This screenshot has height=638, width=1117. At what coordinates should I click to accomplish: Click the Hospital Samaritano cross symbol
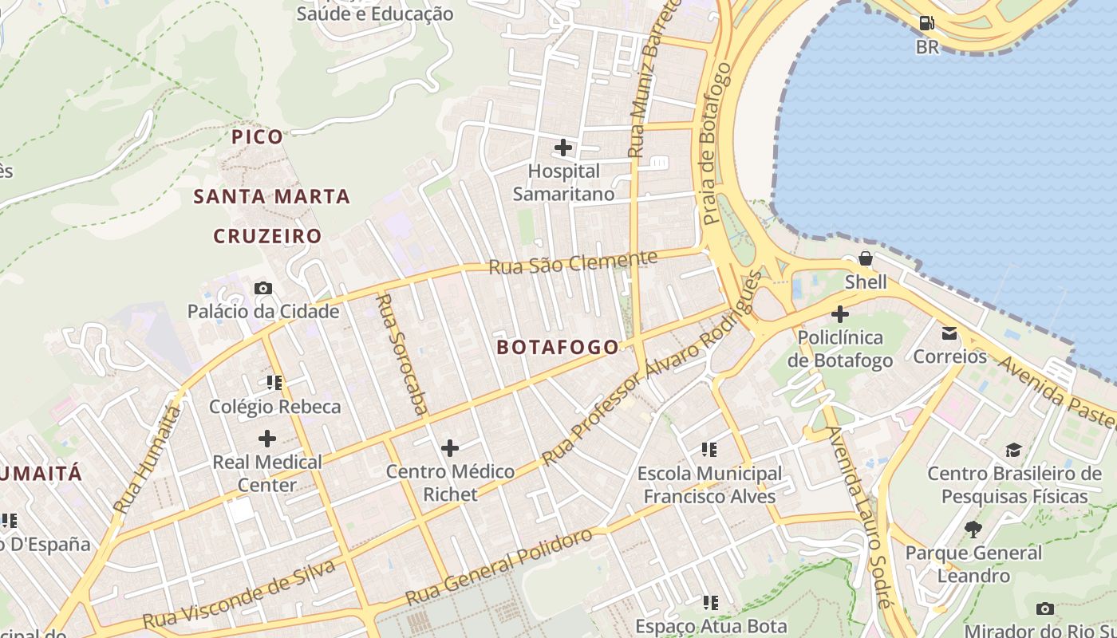563,148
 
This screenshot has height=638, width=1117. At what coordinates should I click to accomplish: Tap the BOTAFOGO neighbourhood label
557,347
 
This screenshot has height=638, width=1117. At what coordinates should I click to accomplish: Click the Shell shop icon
866,259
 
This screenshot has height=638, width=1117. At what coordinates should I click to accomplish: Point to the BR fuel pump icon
926,24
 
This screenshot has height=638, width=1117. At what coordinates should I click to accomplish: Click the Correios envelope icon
949,333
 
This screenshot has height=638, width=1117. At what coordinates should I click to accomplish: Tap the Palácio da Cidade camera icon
263,289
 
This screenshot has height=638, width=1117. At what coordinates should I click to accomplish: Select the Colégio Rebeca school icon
274,383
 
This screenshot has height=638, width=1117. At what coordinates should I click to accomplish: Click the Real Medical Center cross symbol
267,439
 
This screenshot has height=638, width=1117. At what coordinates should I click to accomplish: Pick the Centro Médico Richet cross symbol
450,448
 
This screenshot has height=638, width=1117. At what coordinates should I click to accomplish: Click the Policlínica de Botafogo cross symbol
840,314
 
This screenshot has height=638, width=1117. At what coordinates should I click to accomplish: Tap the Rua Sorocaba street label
401,355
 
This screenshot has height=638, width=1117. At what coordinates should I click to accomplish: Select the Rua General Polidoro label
499,565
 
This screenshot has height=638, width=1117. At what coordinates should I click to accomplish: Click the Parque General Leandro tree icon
973,529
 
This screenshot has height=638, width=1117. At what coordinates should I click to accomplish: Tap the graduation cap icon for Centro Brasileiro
1013,451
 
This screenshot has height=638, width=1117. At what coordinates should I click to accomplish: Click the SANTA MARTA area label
272,196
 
